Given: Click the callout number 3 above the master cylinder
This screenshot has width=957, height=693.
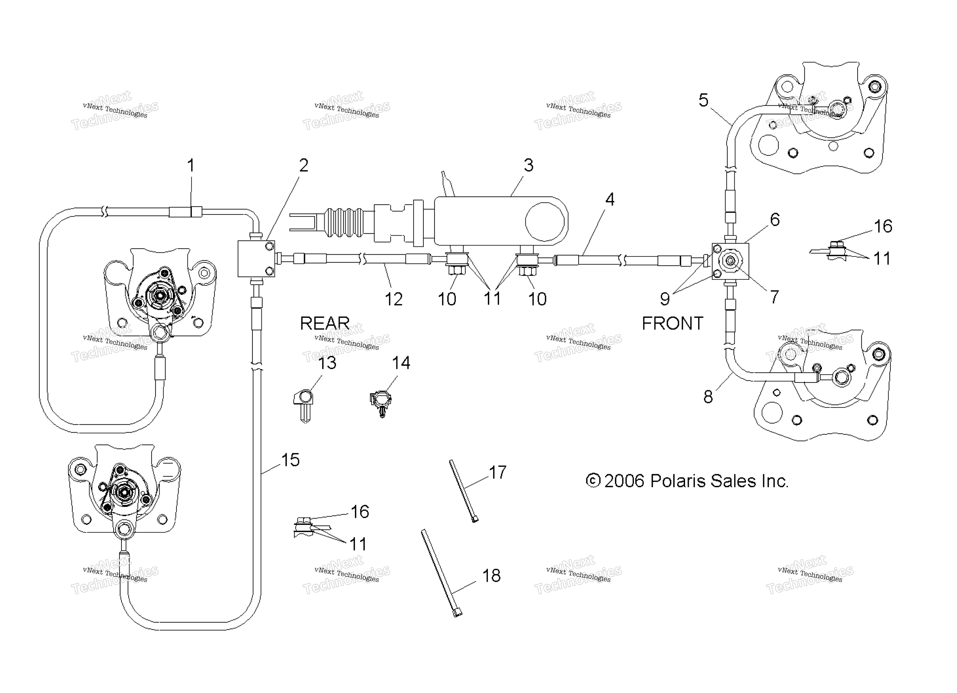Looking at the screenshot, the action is click(x=528, y=165).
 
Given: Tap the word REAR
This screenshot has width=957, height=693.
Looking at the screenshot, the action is click(x=325, y=323).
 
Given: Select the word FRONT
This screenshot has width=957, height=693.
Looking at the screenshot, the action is click(x=672, y=323).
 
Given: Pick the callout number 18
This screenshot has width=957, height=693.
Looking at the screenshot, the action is click(x=491, y=576).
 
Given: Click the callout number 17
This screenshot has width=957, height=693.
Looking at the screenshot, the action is click(x=497, y=472).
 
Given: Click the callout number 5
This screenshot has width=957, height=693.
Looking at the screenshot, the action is click(x=703, y=100).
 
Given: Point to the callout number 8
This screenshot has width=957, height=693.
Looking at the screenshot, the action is click(x=708, y=396).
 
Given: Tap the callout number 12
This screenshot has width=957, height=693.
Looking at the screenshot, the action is click(x=394, y=299).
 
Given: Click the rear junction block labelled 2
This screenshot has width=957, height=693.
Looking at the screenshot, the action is click(x=256, y=259).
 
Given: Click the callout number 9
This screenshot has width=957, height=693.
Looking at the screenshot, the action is click(x=665, y=299).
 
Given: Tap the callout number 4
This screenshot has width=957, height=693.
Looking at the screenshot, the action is click(x=610, y=199).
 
